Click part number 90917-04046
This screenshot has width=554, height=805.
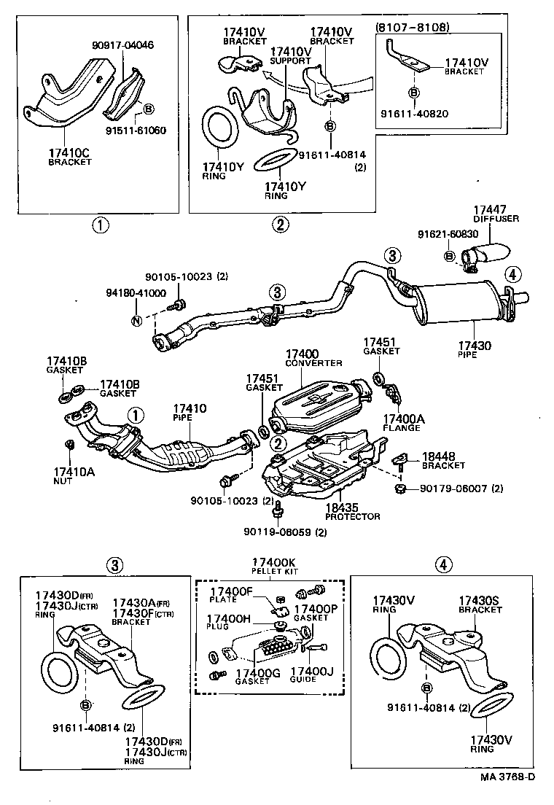tap(123, 45)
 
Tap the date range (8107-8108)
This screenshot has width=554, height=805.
tap(412, 27)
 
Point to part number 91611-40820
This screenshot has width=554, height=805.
tap(413, 114)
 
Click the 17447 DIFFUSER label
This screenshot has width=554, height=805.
tap(493, 214)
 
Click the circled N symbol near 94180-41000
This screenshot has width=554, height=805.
tap(136, 321)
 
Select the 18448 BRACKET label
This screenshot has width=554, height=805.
tap(443, 460)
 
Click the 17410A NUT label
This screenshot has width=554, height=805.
tap(69, 476)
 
